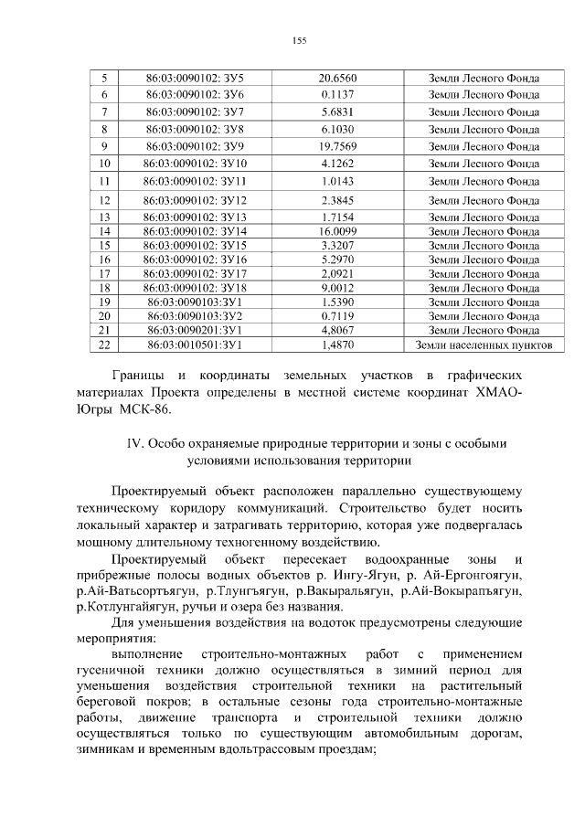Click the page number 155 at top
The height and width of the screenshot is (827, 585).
tap(298, 40)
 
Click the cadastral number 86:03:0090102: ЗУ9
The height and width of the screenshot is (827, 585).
tap(196, 146)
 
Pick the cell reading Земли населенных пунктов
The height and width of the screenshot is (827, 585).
tap(484, 345)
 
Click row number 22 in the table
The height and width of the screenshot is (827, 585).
tap(103, 345)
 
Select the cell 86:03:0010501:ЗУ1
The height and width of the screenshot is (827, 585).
tap(196, 345)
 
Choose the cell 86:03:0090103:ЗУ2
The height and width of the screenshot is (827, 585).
tap(196, 316)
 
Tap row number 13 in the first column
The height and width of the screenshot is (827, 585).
tap(103, 217)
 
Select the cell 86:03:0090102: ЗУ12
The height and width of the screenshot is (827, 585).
tap(196, 200)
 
